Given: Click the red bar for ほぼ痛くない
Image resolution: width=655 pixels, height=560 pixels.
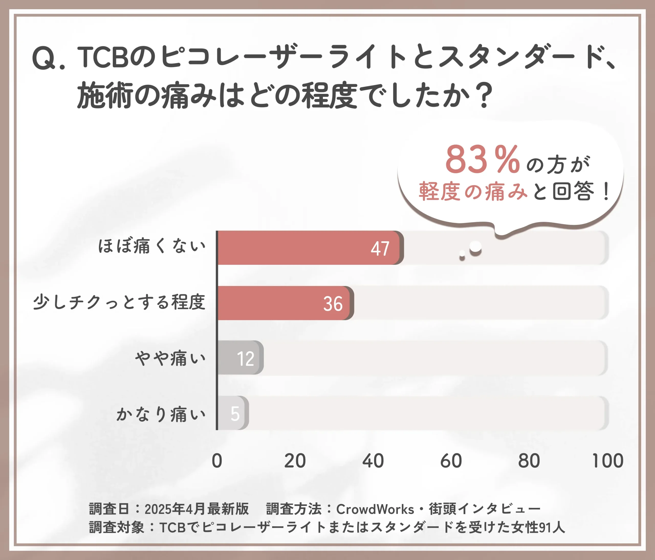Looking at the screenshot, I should click(x=308, y=248).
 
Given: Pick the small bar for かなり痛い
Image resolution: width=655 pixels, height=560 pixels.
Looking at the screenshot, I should click(x=232, y=413).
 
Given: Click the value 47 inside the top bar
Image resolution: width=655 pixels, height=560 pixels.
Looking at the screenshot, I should click(x=380, y=249).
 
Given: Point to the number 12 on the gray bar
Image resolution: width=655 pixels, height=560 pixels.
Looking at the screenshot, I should click(x=245, y=359).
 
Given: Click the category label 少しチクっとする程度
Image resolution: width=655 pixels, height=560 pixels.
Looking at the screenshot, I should click(x=119, y=302).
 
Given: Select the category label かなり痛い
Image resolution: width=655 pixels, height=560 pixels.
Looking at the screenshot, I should click(x=161, y=414).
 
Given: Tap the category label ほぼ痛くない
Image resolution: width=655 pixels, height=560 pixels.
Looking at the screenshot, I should click(x=152, y=246).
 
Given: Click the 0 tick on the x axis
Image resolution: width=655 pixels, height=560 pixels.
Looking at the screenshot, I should click(x=217, y=461).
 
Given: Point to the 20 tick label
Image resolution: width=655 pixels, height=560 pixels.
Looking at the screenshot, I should click(x=295, y=461).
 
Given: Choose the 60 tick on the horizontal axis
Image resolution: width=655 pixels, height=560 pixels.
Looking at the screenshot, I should click(x=451, y=461).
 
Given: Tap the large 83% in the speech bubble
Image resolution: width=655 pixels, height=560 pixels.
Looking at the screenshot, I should click(x=482, y=160).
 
